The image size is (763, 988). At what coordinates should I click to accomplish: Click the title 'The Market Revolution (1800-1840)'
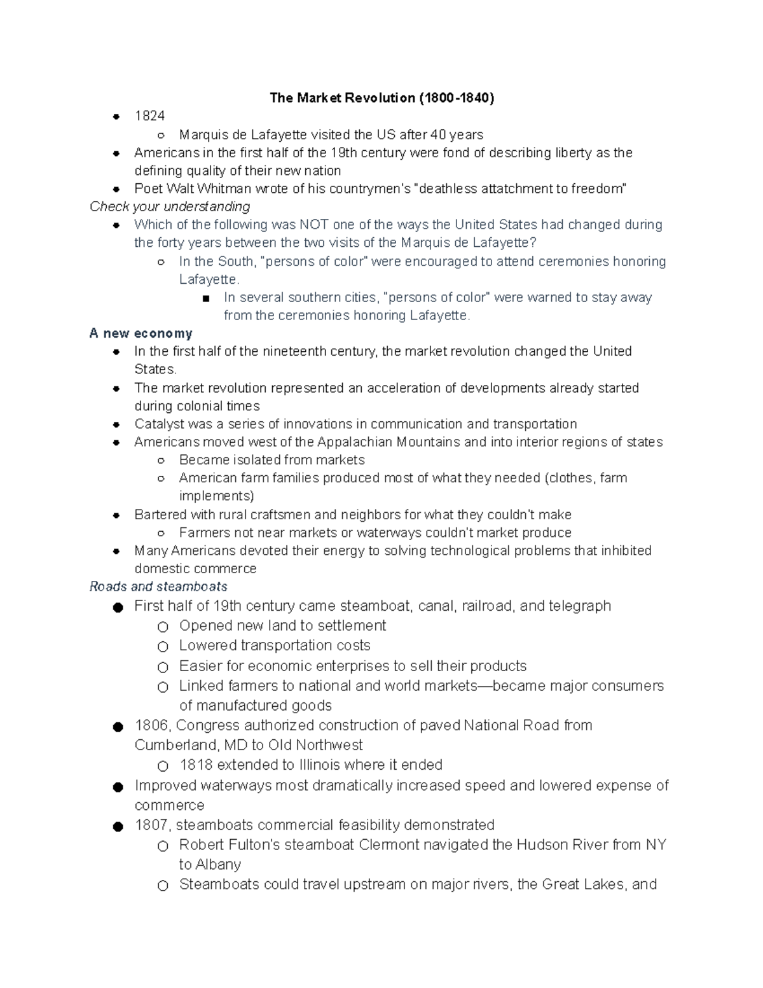click(x=381, y=98)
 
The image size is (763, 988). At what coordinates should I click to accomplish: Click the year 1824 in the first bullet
click(x=149, y=116)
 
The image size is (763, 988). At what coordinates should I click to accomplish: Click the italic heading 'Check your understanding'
click(x=170, y=207)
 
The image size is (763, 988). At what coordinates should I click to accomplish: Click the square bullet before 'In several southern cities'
click(x=204, y=298)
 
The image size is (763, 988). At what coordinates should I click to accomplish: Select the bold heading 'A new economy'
click(x=141, y=333)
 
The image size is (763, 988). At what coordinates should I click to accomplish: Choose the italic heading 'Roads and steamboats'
click(x=158, y=587)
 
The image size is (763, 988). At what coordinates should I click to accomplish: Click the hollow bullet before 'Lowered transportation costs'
click(x=163, y=647)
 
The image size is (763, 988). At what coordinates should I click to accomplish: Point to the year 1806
click(x=153, y=726)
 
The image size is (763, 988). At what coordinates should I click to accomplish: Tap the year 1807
click(x=153, y=825)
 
